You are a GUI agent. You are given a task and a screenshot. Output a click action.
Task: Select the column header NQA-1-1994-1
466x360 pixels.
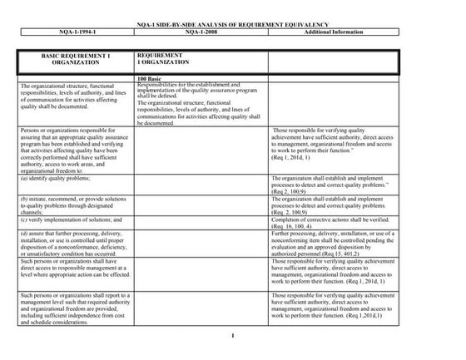72,33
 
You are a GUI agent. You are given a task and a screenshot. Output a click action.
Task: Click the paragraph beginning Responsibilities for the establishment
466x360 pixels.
200,90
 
